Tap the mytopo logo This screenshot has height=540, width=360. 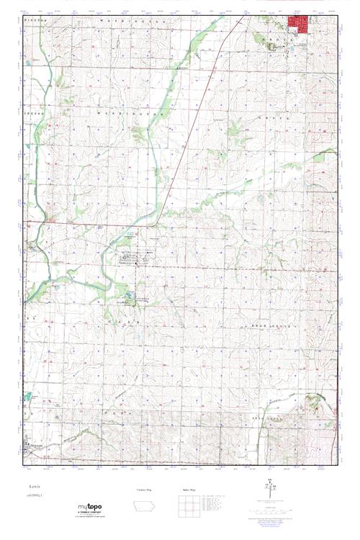tap(90, 508)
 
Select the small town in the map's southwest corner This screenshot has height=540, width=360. tap(30, 446)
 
